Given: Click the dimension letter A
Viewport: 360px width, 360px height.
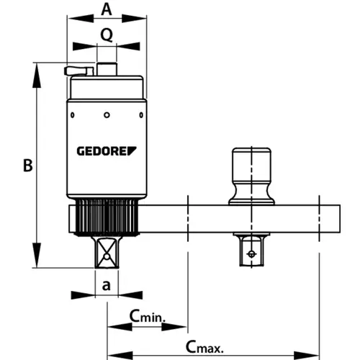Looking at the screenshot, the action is tap(107, 10).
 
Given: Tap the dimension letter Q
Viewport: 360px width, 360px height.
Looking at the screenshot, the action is tap(107, 35).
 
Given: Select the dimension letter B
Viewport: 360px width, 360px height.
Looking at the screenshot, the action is tap(28, 166).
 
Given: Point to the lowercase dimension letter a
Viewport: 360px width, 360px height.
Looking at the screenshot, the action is tap(107, 286).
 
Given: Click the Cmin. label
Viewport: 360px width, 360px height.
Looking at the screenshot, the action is tap(148, 316).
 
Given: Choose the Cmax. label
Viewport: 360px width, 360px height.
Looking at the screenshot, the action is tap(204, 347).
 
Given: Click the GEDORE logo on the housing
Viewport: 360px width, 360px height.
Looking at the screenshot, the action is tap(107, 151).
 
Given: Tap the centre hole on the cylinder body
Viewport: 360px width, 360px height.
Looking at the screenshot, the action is tap(107, 115).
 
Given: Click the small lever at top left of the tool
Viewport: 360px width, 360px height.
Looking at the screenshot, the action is tap(79, 71).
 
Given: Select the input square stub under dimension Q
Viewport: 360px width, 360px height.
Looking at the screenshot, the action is tap(107, 69).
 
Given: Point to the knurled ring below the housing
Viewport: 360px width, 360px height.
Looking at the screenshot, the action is tap(107, 217).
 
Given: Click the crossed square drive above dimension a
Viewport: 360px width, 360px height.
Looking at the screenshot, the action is tap(107, 252).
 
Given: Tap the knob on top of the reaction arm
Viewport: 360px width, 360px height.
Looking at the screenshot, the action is tap(251, 176).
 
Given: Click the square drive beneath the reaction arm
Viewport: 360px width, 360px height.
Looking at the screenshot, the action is tap(251, 249).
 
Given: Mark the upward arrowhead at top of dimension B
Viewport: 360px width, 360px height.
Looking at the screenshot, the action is tap(37, 76).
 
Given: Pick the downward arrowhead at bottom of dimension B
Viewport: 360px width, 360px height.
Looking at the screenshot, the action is tap(37, 255).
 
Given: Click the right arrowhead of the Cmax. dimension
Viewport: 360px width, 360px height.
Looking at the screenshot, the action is tap(307, 356).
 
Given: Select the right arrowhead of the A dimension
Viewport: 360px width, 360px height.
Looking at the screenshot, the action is tap(134, 19).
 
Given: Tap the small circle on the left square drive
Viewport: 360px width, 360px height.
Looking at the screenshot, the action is tap(107, 257).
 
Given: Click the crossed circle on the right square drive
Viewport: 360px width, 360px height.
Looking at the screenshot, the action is tap(251, 253).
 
